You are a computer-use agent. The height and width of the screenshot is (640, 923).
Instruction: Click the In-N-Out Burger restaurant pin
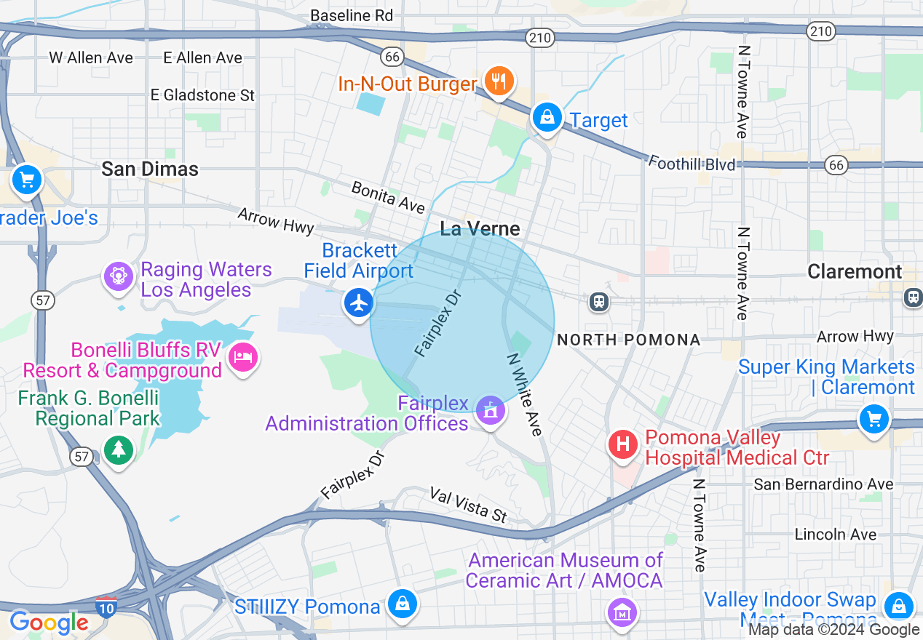498,81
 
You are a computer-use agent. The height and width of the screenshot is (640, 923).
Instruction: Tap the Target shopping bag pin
547,117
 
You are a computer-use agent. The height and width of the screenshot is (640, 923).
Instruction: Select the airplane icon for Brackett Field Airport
358,303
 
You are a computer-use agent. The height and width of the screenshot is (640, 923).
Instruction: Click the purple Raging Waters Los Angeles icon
117,276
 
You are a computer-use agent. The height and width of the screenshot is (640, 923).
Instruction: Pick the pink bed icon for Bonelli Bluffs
243,357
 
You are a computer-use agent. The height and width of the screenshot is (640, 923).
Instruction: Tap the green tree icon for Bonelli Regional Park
118,449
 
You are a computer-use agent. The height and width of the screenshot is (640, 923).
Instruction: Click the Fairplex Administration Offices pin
491,410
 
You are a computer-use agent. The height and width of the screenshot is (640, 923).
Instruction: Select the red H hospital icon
623,444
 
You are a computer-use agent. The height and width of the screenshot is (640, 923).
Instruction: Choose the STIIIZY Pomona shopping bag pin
401,604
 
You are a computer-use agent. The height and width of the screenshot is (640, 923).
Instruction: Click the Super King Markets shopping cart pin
874,419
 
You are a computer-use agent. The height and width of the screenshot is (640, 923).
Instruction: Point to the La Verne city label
480,229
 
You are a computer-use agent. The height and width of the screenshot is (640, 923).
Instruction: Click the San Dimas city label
150,169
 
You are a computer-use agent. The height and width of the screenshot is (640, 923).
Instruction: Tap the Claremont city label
855,272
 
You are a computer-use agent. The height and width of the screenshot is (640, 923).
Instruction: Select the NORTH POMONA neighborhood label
628,340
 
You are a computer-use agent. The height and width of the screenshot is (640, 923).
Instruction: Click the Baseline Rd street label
352,15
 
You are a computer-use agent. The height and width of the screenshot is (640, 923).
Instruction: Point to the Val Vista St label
468,505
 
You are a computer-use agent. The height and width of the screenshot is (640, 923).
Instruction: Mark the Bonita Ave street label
388,198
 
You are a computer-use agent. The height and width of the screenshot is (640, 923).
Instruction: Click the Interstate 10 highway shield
106,606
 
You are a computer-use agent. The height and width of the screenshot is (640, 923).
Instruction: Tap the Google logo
49,623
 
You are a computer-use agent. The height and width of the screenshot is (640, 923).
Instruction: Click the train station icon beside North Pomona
599,301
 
